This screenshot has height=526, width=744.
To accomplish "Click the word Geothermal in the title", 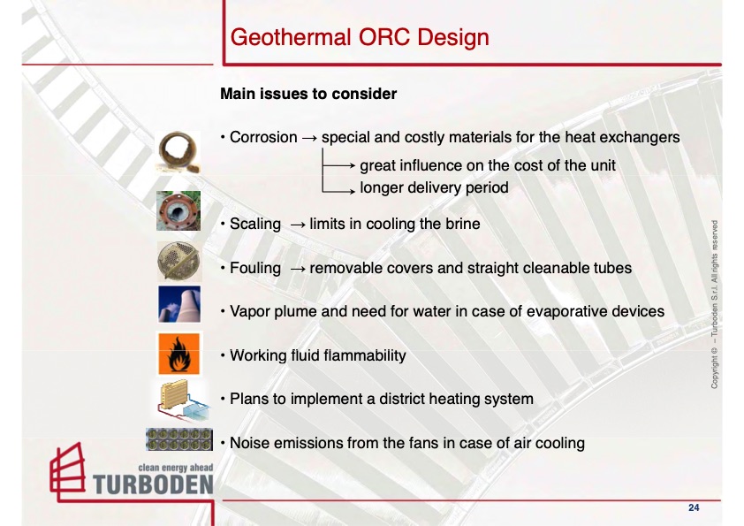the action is pos(291,37).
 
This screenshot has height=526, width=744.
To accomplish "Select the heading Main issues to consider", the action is pos(308,94).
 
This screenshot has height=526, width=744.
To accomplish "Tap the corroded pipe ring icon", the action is pos(178,152).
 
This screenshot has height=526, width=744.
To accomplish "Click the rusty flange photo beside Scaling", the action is pos(178,210).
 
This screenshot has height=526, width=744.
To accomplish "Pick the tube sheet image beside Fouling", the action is pos(178,262).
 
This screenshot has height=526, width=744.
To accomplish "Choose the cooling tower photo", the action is pos(179,304).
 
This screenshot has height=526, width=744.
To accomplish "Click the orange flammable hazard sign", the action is pos(178,354).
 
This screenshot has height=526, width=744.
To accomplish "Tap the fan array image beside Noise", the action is pos(178,439).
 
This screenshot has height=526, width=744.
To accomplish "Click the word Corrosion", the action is pos(263,137).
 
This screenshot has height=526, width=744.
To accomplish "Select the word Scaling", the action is pos(255,224).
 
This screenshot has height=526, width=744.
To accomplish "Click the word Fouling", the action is pos(255,268).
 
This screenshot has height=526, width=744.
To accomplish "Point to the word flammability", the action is pos(348,355).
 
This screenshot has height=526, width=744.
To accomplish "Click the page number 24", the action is pos(694,507).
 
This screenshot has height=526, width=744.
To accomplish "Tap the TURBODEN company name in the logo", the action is pos(153,484).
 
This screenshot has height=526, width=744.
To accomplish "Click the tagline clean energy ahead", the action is pos(176,468).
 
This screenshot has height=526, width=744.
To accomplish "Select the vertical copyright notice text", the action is pos(714,304).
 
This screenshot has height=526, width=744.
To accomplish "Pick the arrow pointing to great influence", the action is pos(338,165).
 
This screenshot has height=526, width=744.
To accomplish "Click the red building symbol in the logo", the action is pos(68,472).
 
